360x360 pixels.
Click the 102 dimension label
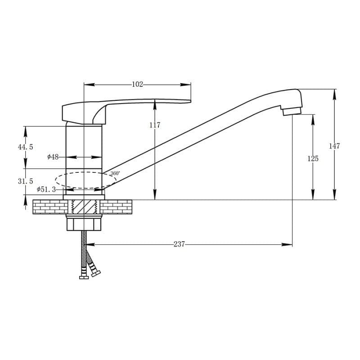tap(138, 84)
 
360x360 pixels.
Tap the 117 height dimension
tap(155, 125)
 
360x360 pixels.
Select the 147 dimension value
tap(334, 146)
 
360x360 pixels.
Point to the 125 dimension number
tap(313, 158)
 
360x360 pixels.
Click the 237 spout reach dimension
tap(179, 244)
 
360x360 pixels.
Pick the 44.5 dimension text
tap(26, 147)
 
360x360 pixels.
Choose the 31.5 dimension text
tap(26, 181)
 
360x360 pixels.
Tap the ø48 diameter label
tap(53, 157)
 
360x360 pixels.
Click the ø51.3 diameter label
tap(46, 189)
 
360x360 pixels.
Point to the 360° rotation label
tap(115, 173)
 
